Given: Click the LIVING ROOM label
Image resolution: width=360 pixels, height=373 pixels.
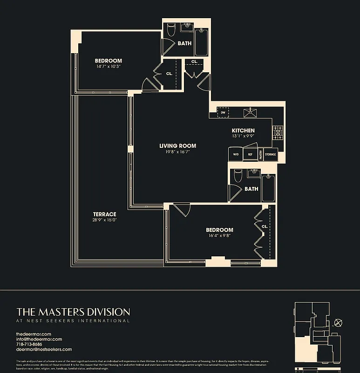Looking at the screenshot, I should click(175, 145).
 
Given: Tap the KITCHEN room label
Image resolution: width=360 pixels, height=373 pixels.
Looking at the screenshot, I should click(243, 131).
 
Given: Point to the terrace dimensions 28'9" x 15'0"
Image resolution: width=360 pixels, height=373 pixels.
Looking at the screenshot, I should click(104, 220).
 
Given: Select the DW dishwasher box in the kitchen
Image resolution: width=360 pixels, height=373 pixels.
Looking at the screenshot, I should click(223, 112).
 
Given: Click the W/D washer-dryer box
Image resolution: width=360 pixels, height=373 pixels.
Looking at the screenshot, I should click(235, 154).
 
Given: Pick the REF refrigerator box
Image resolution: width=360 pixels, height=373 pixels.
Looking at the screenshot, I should click(250, 154).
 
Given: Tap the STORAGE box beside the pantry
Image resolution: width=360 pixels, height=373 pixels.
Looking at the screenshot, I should click(270, 154).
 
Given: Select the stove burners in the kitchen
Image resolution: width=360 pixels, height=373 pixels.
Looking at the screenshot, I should click(278, 132).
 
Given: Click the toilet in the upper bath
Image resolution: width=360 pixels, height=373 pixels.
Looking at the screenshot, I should click(170, 31).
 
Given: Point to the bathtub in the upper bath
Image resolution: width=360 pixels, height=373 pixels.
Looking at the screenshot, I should click(202, 42).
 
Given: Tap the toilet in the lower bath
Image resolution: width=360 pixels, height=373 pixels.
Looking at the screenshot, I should click(238, 175).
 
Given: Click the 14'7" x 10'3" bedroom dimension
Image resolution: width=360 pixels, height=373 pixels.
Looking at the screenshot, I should click(109, 67).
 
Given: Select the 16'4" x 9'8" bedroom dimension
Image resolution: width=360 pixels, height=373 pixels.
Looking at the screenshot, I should click(219, 236).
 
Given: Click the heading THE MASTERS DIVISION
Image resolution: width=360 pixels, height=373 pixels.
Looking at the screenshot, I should click(73, 311).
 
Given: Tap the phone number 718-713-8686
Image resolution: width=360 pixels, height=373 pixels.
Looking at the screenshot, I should click(32, 344).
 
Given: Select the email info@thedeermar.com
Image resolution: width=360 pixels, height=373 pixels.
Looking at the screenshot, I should click(39, 339).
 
